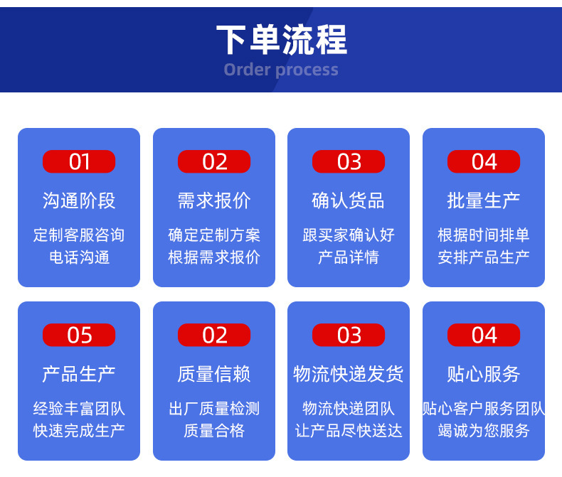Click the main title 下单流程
click(x=282, y=39)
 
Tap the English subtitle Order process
click(x=281, y=70)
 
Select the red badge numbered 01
click(x=79, y=161)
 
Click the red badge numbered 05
click(x=79, y=335)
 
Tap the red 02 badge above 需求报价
click(x=214, y=161)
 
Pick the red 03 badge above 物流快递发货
click(x=349, y=335)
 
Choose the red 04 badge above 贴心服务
click(x=484, y=335)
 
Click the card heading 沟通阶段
click(x=79, y=200)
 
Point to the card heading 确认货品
click(x=349, y=200)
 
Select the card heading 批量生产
click(x=484, y=200)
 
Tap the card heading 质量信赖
click(x=214, y=374)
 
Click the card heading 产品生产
click(x=79, y=374)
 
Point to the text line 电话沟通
click(x=79, y=257)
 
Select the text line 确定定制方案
click(x=214, y=235)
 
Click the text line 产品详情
click(x=349, y=257)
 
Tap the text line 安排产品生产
click(x=484, y=257)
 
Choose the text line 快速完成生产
click(x=79, y=431)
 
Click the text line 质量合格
click(x=214, y=431)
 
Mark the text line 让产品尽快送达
click(x=349, y=431)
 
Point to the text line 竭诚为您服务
click(x=484, y=431)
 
